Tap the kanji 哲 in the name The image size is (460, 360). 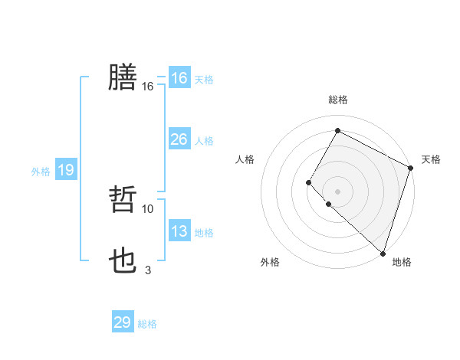pyautogui.click(x=123, y=199)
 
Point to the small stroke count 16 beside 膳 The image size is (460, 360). pyautogui.click(x=148, y=87)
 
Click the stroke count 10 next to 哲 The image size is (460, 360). pyautogui.click(x=148, y=208)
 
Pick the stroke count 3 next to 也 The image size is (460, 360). pyautogui.click(x=148, y=270)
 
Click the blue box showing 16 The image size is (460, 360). pyautogui.click(x=179, y=78)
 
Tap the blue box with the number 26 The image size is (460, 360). pyautogui.click(x=179, y=139)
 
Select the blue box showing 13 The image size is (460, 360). pyautogui.click(x=179, y=231)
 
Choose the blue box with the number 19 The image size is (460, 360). pyautogui.click(x=65, y=170)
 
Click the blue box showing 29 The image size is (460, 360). pyautogui.click(x=122, y=322)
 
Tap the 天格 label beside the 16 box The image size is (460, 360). pyautogui.click(x=203, y=80)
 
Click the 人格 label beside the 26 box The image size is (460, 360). pyautogui.click(x=203, y=141)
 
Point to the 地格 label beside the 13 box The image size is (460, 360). pyautogui.click(x=203, y=233)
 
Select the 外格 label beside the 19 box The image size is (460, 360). pyautogui.click(x=41, y=172)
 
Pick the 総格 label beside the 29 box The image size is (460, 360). pyautogui.click(x=147, y=324)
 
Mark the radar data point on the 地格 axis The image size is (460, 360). pyautogui.click(x=383, y=253)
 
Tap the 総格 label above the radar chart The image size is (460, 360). pyautogui.click(x=337, y=100)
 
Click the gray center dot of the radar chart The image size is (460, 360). pyautogui.click(x=337, y=191)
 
